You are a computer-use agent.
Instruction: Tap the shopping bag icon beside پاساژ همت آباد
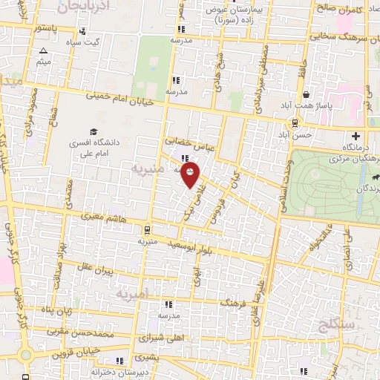[x=307, y=95]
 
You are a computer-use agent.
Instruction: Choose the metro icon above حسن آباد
[x=295, y=123]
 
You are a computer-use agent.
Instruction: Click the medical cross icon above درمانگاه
[x=356, y=136]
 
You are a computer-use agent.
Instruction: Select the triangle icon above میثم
[x=43, y=51]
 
